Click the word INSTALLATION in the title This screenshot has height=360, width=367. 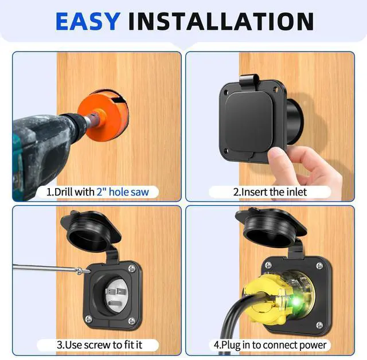click(221, 21)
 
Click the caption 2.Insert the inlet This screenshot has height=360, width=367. click(270, 192)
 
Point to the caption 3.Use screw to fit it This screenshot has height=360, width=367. click(101, 345)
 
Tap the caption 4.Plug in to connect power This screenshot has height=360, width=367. click(270, 345)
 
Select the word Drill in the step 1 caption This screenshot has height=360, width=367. click(65, 192)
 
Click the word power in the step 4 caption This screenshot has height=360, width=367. click(313, 345)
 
